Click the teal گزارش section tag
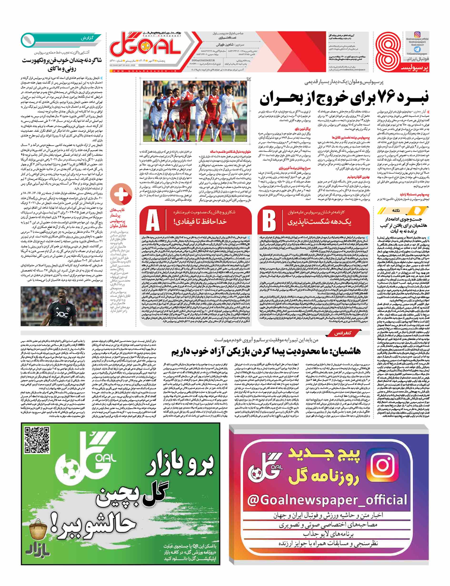(87, 38)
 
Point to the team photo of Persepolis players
(195, 111)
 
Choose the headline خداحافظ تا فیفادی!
(200, 222)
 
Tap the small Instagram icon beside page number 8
(417, 34)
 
